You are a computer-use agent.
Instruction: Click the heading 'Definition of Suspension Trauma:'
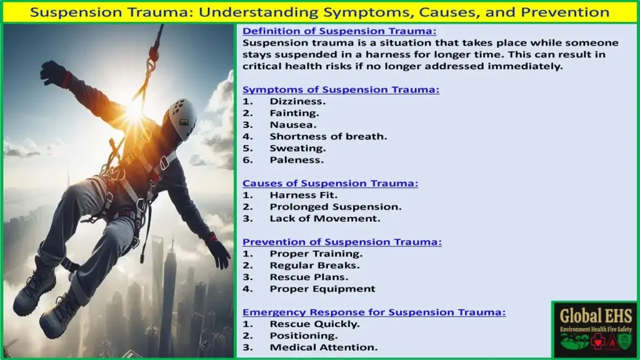click(x=339, y=31)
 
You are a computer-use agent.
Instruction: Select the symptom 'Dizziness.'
click(x=297, y=101)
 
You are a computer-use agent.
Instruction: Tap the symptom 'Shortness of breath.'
click(x=328, y=136)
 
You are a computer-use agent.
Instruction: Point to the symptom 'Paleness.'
click(x=296, y=160)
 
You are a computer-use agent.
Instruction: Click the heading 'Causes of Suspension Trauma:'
click(x=330, y=183)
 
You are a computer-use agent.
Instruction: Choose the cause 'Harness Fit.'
click(x=303, y=195)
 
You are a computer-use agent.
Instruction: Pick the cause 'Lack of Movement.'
click(x=325, y=218)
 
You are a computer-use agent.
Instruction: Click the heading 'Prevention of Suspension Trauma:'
click(x=342, y=242)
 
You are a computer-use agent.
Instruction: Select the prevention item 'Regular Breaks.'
click(x=315, y=265)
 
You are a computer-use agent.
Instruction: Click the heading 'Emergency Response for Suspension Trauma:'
click(x=374, y=312)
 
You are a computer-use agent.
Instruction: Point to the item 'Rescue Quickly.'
click(x=314, y=324)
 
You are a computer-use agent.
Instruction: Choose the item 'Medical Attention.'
click(x=324, y=347)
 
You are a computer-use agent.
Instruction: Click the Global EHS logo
click(x=595, y=330)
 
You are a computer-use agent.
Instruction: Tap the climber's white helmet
click(x=182, y=118)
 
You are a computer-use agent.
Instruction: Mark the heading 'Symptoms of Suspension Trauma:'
click(x=341, y=89)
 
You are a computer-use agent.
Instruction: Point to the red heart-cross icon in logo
click(x=597, y=342)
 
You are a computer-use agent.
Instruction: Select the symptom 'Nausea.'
click(x=292, y=124)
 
